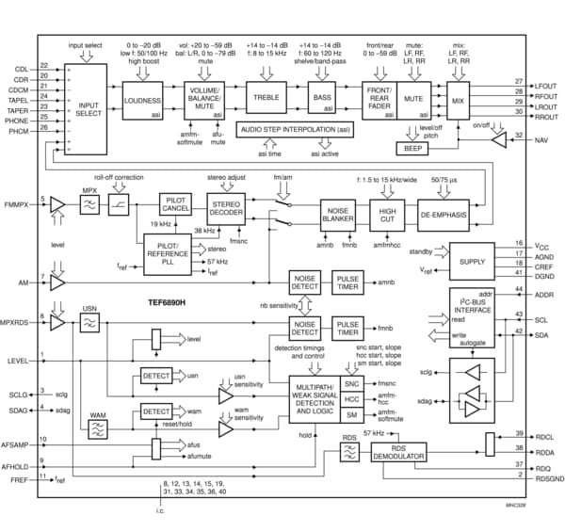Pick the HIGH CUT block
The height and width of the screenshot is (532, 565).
point(387,215)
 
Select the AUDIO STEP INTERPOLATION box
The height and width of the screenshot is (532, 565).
point(296,129)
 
